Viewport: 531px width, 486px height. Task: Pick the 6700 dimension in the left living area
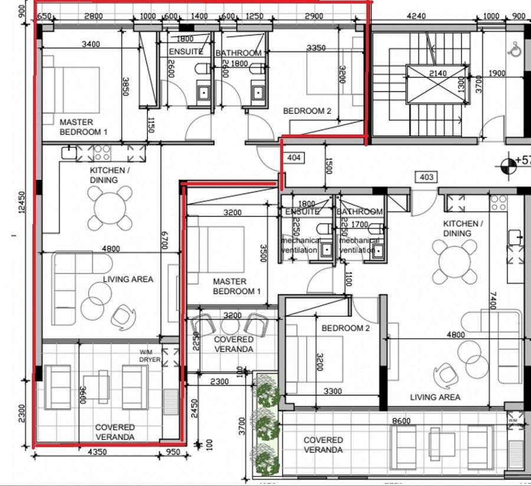pos(165,240)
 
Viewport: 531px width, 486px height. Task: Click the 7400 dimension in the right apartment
pos(493,305)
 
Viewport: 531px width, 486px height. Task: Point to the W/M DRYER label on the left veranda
pos(147,355)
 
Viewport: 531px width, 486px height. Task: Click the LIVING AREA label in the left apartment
pos(128,279)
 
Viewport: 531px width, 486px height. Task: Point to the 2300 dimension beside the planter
pos(219,382)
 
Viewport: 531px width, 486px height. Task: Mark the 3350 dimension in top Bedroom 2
pos(316,48)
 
